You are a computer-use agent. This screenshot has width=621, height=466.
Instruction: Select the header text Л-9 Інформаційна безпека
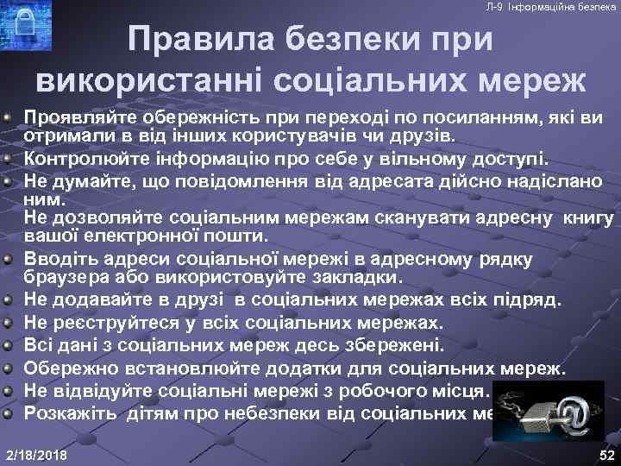551,7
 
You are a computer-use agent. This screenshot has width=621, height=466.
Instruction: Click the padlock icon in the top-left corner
24,22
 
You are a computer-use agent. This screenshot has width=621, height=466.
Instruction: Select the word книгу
588,218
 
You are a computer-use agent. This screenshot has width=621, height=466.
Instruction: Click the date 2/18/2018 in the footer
37,454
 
